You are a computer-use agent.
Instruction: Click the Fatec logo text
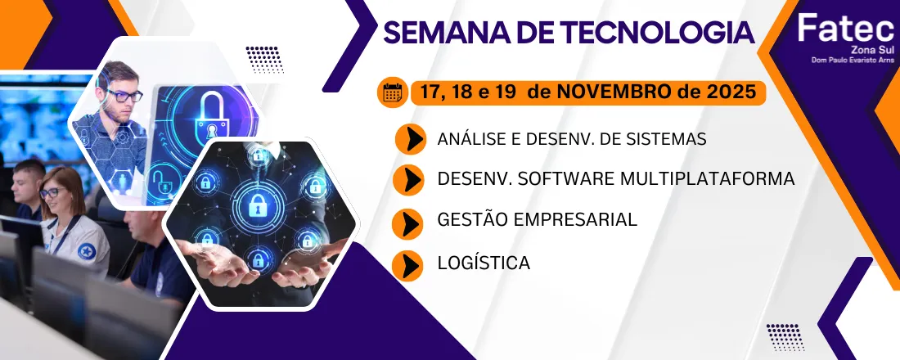846,27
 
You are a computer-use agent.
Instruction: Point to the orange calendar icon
392,92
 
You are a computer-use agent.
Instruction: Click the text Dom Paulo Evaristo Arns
852,60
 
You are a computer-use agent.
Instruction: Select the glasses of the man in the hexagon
124,95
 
